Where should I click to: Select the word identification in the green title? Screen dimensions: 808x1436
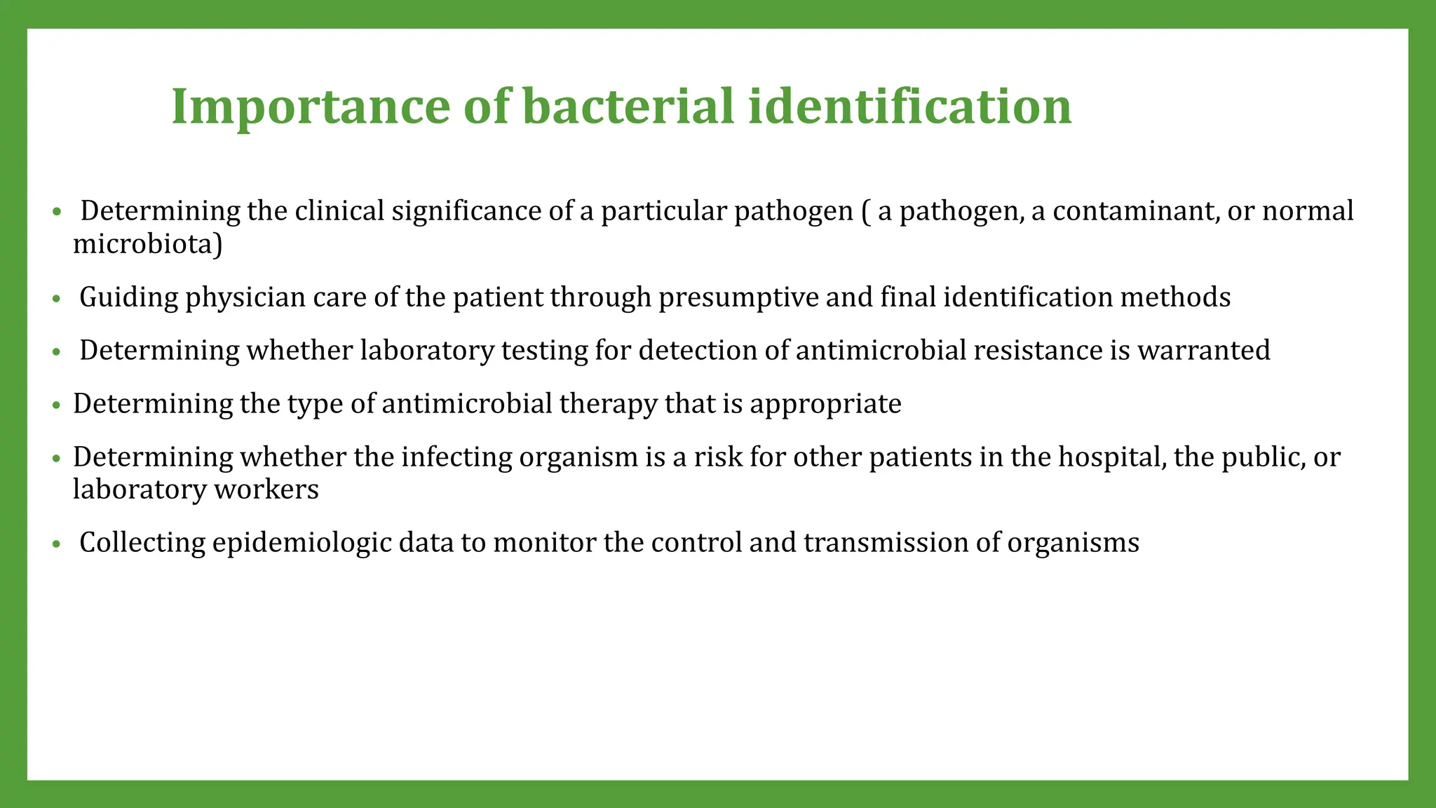[x=909, y=107]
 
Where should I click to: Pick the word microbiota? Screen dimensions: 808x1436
[x=144, y=244]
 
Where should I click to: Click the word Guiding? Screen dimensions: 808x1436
[x=129, y=297]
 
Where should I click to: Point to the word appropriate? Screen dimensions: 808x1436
[x=825, y=404]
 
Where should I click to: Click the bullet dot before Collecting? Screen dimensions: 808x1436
[x=57, y=544]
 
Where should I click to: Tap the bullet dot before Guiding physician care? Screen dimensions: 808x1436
[x=57, y=299]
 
